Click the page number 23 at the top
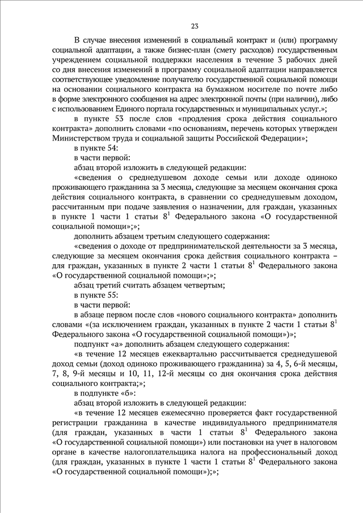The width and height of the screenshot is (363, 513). click(x=194, y=26)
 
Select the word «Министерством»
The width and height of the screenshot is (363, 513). click(x=82, y=138)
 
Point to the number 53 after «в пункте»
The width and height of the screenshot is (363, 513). click(x=113, y=118)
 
